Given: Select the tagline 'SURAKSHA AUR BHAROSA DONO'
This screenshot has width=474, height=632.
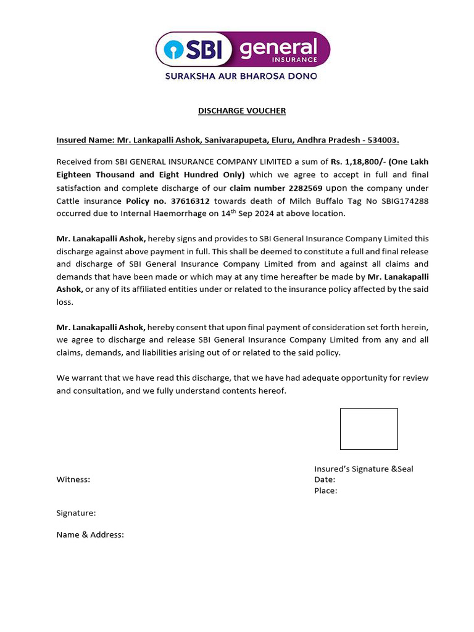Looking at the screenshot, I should click(241, 76).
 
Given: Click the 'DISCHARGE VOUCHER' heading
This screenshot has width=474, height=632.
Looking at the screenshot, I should click(241, 111).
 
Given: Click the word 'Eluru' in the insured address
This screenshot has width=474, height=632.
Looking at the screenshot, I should click(280, 140).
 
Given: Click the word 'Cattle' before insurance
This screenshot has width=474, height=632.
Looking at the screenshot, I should click(69, 201).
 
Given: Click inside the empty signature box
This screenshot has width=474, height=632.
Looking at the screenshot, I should click(368, 429).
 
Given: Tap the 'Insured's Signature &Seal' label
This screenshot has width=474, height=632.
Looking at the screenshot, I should click(364, 469).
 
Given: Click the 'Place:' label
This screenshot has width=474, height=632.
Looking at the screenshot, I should click(325, 491).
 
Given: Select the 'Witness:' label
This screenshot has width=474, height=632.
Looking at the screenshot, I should click(73, 480).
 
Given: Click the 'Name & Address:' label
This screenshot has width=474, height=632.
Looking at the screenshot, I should click(90, 535).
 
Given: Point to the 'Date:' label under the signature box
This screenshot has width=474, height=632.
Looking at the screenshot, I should click(325, 480).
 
